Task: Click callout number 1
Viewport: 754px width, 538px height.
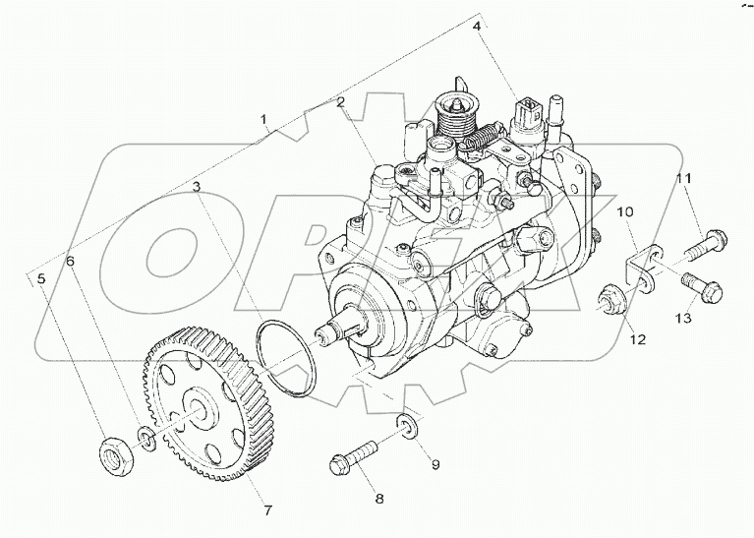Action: click(x=263, y=120)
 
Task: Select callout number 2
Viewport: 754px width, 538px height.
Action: click(x=340, y=101)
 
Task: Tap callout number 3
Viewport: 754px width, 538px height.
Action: click(x=197, y=186)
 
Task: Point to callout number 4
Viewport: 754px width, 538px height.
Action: click(x=477, y=27)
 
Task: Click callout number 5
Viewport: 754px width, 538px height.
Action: click(x=41, y=279)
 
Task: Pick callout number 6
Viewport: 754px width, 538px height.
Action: click(x=70, y=261)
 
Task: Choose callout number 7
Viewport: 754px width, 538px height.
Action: click(x=266, y=509)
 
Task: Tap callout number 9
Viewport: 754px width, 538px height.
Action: click(x=435, y=463)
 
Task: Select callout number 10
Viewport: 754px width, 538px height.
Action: click(x=622, y=211)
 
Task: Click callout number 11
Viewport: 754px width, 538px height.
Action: click(x=682, y=178)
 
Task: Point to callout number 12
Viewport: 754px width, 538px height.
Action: click(x=638, y=339)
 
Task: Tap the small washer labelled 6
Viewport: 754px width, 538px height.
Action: click(x=145, y=435)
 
